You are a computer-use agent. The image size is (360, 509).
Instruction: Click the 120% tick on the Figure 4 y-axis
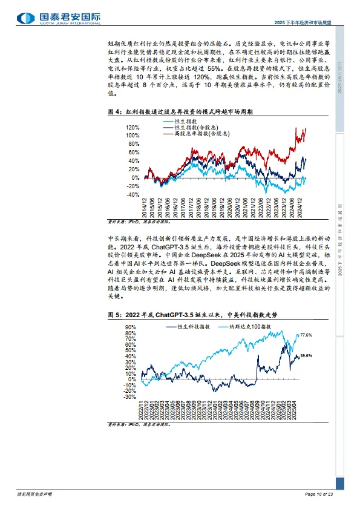click(x=133, y=128)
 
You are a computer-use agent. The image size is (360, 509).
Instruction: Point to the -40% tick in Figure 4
click(x=133, y=195)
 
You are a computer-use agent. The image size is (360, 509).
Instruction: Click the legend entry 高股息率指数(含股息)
click(x=191, y=133)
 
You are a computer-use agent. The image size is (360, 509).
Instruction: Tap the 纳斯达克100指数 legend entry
click(x=254, y=326)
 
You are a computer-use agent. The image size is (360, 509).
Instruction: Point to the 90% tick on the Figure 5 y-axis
click(x=129, y=327)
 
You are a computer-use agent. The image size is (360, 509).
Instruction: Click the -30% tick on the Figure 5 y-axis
click(x=129, y=397)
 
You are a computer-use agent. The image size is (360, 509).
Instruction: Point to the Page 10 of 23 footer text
click(x=319, y=495)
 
